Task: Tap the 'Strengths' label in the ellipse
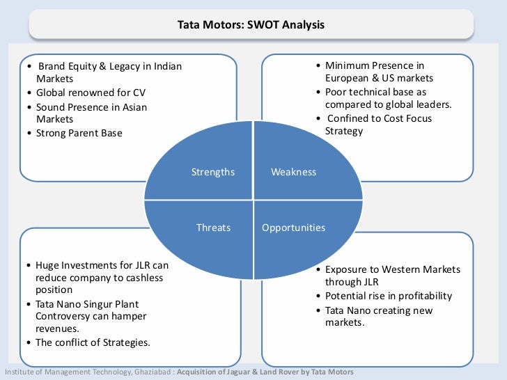[213, 172]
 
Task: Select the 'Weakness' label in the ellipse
[293, 172]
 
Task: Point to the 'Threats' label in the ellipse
[213, 228]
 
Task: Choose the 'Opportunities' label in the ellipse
[293, 228]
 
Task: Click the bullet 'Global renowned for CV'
[91, 93]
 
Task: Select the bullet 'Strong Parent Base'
[79, 132]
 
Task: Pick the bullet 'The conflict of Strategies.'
[93, 342]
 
